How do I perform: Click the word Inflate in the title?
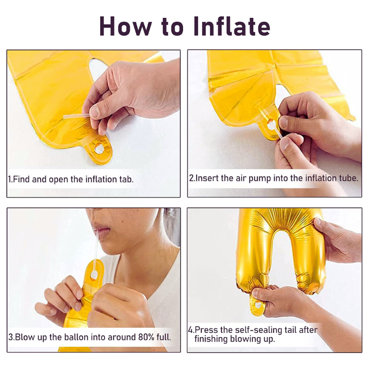coord(232,26)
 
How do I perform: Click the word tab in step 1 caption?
coord(126,179)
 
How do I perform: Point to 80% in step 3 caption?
coord(146,337)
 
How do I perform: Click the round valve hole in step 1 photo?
coord(99,149)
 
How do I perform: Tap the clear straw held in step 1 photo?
coord(76,116)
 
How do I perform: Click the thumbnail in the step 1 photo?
coord(95,111)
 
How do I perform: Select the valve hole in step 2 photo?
coord(271,125)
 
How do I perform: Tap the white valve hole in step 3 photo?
coord(94,274)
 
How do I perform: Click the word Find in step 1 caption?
coord(21,179)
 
